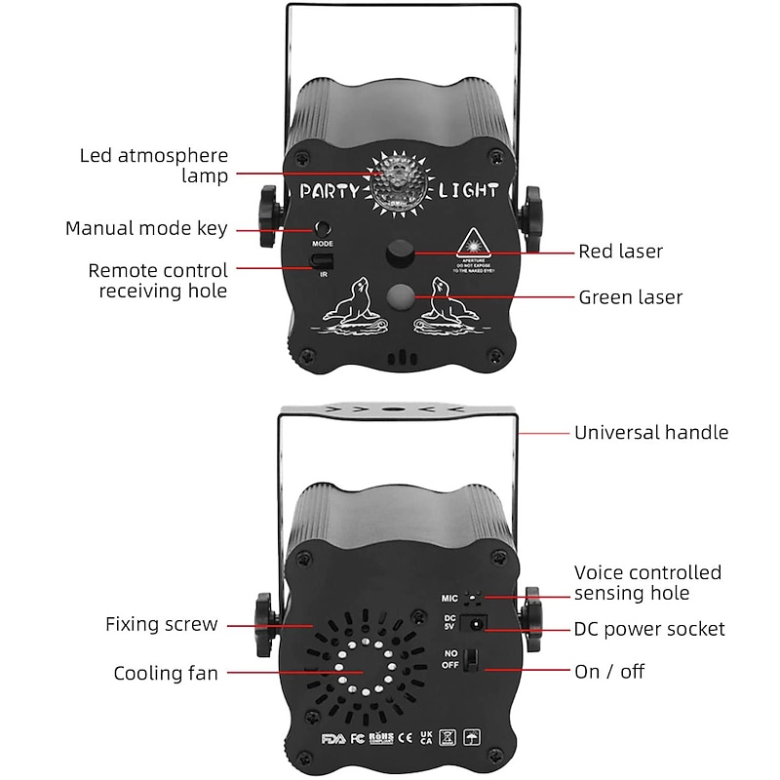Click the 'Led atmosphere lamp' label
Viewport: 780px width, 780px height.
(x=154, y=166)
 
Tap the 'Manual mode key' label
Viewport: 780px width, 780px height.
(x=146, y=229)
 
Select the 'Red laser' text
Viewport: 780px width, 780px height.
(x=621, y=252)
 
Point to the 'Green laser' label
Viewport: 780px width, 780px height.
(x=631, y=297)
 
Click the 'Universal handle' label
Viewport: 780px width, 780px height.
(x=651, y=432)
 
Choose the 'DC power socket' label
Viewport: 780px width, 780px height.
(x=649, y=629)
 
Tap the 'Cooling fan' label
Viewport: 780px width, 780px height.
(x=166, y=673)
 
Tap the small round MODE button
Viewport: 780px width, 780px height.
(x=321, y=225)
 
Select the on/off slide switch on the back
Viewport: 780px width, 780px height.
(x=473, y=660)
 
